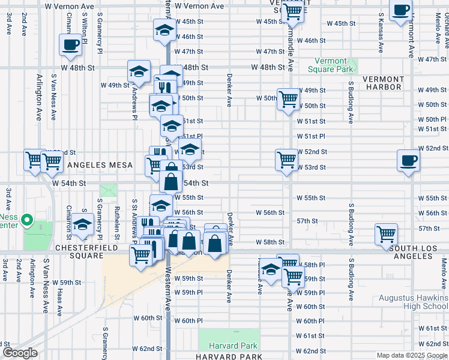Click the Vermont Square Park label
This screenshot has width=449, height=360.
click(x=331, y=65)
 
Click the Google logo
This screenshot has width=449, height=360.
click(x=20, y=353)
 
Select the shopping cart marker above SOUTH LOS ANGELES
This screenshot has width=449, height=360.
click(x=385, y=234)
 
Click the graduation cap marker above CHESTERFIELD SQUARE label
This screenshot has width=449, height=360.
click(x=83, y=224)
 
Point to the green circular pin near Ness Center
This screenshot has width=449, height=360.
click(x=26, y=221)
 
